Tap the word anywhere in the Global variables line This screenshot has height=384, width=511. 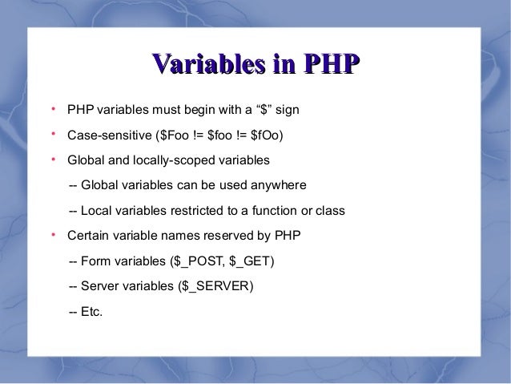(279, 186)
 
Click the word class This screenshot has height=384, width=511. (329, 212)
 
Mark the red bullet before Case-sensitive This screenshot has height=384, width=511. (51, 133)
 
